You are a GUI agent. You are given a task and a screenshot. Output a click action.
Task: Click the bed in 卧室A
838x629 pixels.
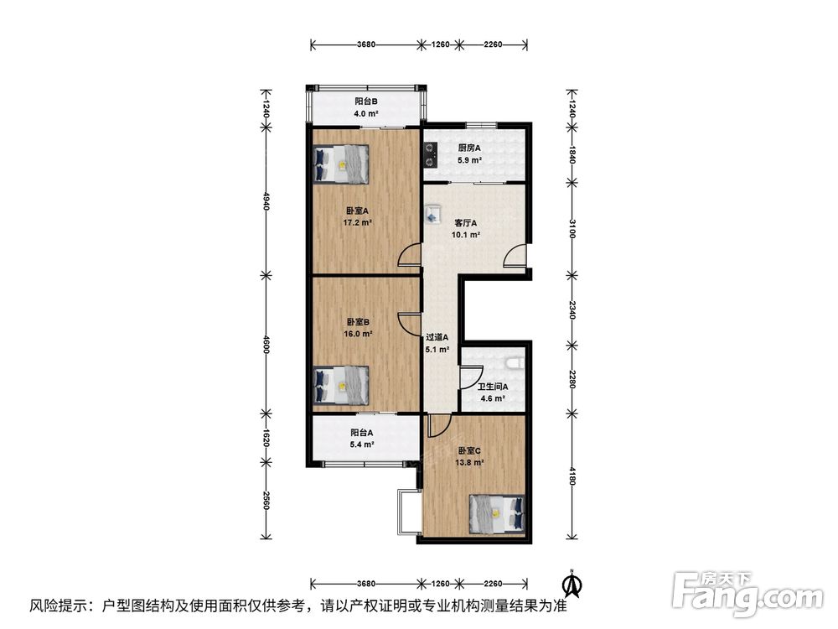341,164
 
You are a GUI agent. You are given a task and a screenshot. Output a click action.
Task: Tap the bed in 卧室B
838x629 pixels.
341,385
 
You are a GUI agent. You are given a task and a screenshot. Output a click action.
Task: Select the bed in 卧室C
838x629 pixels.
497,514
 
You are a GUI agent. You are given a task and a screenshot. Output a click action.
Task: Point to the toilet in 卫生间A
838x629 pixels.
515,363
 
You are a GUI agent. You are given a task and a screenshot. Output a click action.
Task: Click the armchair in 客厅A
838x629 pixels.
432,214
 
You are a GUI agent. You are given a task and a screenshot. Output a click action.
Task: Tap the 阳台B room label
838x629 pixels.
367,101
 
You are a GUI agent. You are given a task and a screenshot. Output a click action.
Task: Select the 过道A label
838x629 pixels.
437,337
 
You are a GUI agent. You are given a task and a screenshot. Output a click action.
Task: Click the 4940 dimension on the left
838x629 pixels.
266,201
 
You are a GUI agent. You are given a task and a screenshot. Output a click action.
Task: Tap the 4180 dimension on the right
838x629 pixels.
572,476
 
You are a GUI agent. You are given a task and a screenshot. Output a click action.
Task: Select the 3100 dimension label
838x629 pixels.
572,228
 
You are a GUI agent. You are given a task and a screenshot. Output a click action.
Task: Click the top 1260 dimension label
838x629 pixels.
441,44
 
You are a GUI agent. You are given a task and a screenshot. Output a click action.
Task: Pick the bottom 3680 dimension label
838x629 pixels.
366,584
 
